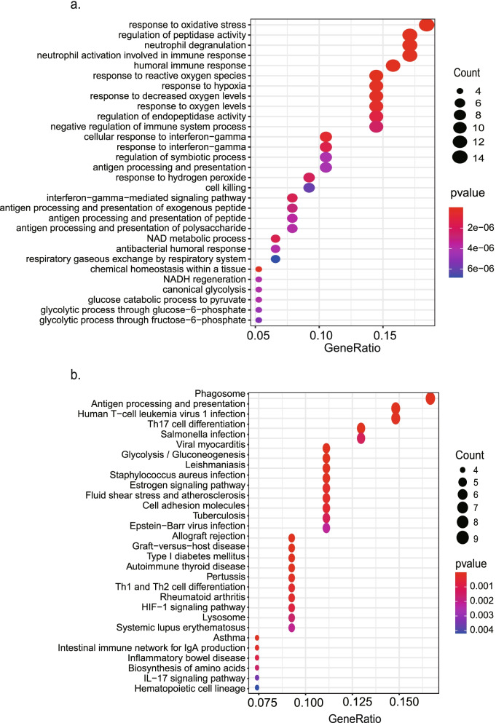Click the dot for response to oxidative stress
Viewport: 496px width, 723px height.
click(x=427, y=25)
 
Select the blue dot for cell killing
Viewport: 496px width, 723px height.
click(x=309, y=188)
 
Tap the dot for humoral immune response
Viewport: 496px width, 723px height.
click(x=393, y=66)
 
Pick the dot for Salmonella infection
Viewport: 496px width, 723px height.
click(x=361, y=438)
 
